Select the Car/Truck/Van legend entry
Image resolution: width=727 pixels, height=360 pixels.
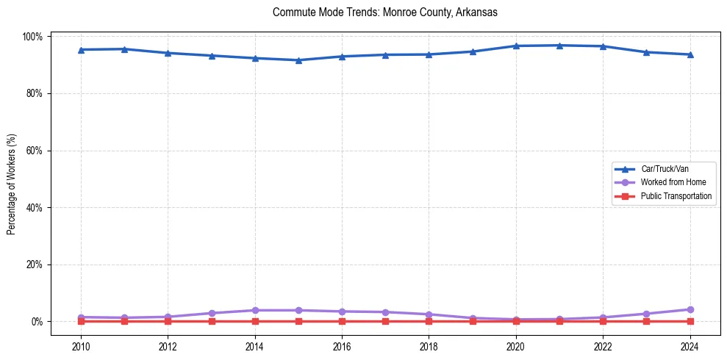click(x=665, y=169)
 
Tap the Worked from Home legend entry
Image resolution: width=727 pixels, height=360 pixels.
click(x=670, y=182)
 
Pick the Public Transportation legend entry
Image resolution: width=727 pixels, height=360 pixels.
click(x=676, y=196)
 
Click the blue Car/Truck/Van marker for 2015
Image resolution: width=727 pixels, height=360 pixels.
click(x=298, y=60)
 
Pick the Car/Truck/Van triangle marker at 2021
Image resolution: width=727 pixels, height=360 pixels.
click(x=559, y=46)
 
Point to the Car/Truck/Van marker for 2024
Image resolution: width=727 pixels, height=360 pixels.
click(x=690, y=54)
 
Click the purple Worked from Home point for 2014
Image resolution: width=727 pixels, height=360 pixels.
click(x=255, y=310)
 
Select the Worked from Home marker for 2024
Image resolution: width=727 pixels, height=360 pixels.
click(x=690, y=309)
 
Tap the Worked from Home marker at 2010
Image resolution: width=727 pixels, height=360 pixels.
click(x=81, y=317)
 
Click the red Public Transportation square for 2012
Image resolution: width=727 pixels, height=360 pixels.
click(x=168, y=321)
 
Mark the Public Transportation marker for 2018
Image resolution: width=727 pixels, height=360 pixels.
click(x=429, y=321)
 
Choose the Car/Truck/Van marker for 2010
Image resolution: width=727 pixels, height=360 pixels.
click(x=81, y=50)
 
